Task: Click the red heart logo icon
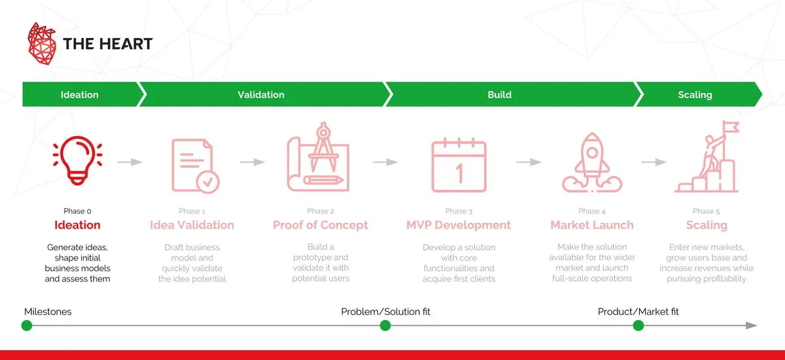(x=43, y=44)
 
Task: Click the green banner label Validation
(x=260, y=95)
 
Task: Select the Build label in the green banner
(x=499, y=95)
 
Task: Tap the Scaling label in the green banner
(x=695, y=95)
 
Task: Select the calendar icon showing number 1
(x=459, y=166)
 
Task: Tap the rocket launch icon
(x=590, y=164)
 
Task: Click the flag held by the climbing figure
(x=731, y=127)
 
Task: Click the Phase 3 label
(x=459, y=211)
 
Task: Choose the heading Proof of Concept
(x=321, y=225)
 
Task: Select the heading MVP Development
(x=459, y=225)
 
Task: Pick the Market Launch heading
(x=592, y=225)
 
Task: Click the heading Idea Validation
(x=192, y=225)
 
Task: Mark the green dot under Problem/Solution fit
(x=385, y=325)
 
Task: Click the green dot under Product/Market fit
(x=638, y=325)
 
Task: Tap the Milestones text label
(x=48, y=312)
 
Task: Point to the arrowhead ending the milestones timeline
(x=752, y=325)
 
